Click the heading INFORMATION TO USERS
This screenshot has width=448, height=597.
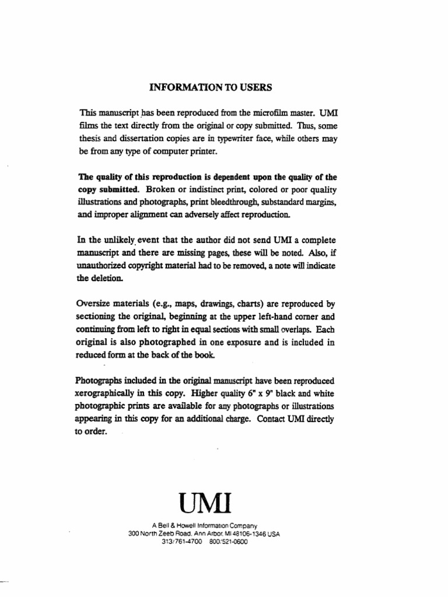click(211, 88)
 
